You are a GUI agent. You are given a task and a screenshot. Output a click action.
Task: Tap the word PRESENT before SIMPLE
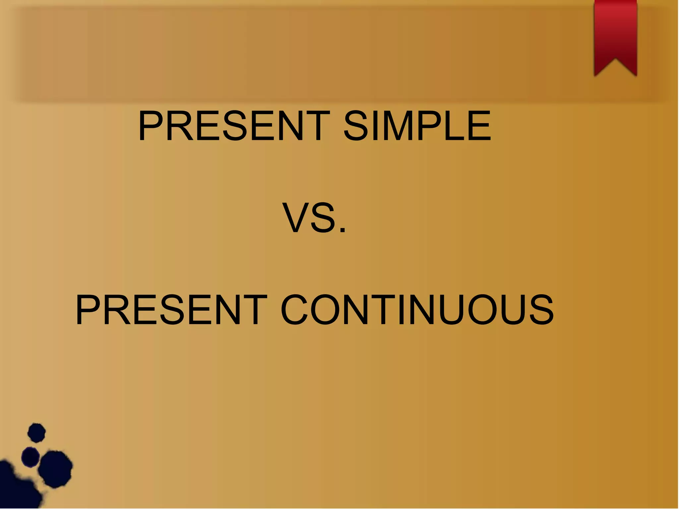pos(234,126)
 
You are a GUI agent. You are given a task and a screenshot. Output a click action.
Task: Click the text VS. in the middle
pos(314,218)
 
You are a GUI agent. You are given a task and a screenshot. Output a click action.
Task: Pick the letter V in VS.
pos(295,218)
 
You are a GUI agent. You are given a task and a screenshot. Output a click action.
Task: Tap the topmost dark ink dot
pos(36,432)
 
